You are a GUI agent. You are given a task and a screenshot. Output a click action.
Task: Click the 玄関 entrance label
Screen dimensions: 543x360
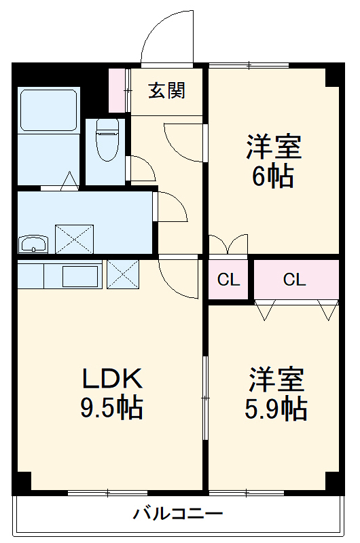(x=166, y=90)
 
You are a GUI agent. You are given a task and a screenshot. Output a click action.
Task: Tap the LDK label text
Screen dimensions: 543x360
(x=111, y=379)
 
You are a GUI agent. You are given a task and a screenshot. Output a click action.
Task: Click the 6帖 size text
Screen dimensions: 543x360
(x=273, y=177)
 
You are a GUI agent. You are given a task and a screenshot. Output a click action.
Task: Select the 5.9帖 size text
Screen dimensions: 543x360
(x=275, y=409)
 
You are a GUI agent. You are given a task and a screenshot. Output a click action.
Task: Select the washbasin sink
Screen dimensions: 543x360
(x=33, y=244)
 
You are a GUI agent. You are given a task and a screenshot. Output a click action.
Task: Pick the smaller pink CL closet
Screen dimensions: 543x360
(x=229, y=280)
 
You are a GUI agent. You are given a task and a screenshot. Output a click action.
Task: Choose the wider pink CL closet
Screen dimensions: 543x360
(x=295, y=279)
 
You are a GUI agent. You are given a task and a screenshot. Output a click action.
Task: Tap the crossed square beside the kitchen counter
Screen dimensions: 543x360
(x=123, y=274)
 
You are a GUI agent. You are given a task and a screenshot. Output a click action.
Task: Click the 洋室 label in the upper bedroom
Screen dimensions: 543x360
(x=273, y=147)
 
